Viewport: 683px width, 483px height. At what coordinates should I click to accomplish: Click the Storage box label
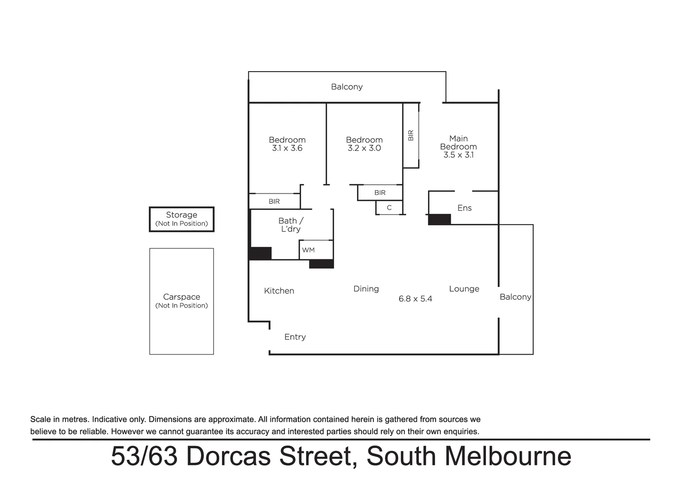pos(181,215)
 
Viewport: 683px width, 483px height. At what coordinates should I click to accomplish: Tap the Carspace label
pos(181,297)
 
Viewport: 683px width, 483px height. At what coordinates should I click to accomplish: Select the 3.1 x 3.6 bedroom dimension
pos(287,148)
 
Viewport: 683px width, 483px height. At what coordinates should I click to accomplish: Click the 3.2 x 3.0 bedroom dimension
pos(364,148)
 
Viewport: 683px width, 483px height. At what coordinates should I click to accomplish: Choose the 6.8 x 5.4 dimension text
pos(415,299)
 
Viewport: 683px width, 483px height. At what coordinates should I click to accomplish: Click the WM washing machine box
pos(309,250)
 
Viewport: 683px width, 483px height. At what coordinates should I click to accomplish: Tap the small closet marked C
pos(389,208)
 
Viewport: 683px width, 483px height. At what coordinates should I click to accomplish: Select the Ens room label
pos(464,208)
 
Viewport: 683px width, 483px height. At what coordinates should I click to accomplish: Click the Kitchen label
pos(279,291)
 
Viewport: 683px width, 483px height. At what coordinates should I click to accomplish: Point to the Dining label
pos(366,289)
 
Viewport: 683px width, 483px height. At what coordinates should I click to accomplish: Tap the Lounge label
pos(464,289)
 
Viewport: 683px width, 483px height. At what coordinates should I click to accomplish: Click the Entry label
pos(295,337)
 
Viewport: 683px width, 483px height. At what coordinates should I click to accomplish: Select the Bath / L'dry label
pos(291,225)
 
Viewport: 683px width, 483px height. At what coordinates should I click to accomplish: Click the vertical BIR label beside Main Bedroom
pos(411,135)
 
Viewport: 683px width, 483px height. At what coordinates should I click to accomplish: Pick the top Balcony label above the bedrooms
pos(347,87)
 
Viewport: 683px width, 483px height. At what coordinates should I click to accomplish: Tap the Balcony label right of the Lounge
pos(515,297)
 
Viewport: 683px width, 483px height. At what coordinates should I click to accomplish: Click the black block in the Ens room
pos(439,220)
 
